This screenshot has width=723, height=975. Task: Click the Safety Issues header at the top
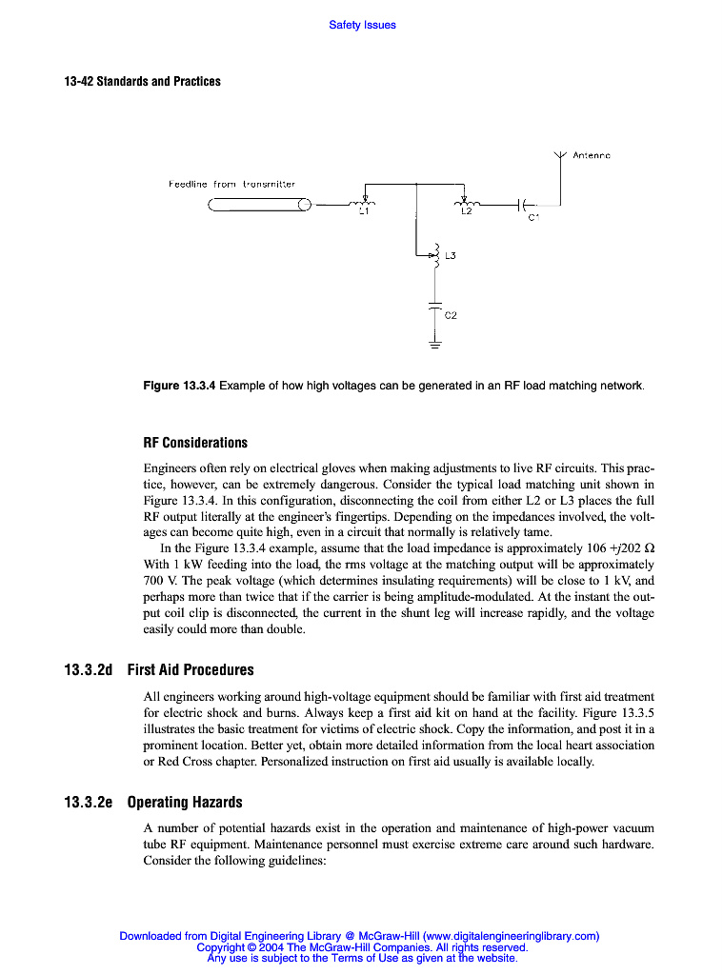click(362, 25)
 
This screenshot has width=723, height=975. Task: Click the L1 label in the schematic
click(363, 212)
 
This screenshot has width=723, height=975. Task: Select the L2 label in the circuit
click(466, 212)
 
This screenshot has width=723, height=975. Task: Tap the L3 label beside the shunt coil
click(452, 256)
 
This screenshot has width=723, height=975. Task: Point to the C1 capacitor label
click(533, 217)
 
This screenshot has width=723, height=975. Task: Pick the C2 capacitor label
click(451, 314)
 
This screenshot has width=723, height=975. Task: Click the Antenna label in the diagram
click(592, 155)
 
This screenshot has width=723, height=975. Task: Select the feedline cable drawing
click(260, 204)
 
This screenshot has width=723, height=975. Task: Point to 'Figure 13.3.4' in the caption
click(179, 386)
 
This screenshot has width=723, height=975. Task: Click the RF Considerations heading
click(195, 443)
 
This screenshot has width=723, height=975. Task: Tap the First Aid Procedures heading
click(191, 670)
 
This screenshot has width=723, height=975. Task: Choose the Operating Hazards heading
click(185, 803)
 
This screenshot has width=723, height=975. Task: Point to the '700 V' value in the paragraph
click(158, 580)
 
